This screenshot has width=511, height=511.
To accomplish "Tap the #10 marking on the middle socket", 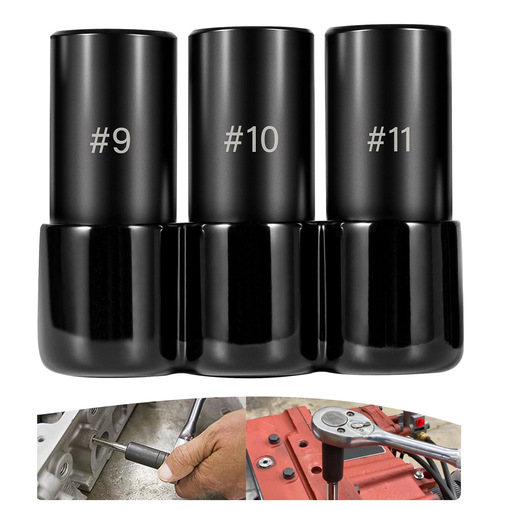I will click(251, 140).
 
